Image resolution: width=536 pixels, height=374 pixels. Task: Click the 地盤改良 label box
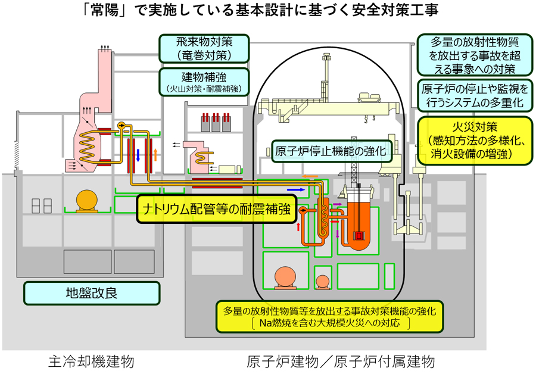[92, 293]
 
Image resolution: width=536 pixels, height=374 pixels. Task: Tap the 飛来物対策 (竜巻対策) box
[203, 48]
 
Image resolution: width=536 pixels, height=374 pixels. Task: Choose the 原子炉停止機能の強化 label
[331, 151]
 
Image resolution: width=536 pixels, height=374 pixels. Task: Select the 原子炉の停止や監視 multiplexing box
[474, 96]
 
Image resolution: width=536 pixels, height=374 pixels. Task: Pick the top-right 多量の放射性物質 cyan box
[474, 55]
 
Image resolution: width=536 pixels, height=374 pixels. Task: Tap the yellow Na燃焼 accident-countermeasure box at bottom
[330, 316]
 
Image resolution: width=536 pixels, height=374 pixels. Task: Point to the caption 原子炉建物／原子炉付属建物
[340, 361]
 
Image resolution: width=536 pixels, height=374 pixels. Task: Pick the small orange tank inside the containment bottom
[323, 281]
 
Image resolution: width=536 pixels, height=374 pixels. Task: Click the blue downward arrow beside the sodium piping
[138, 155]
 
